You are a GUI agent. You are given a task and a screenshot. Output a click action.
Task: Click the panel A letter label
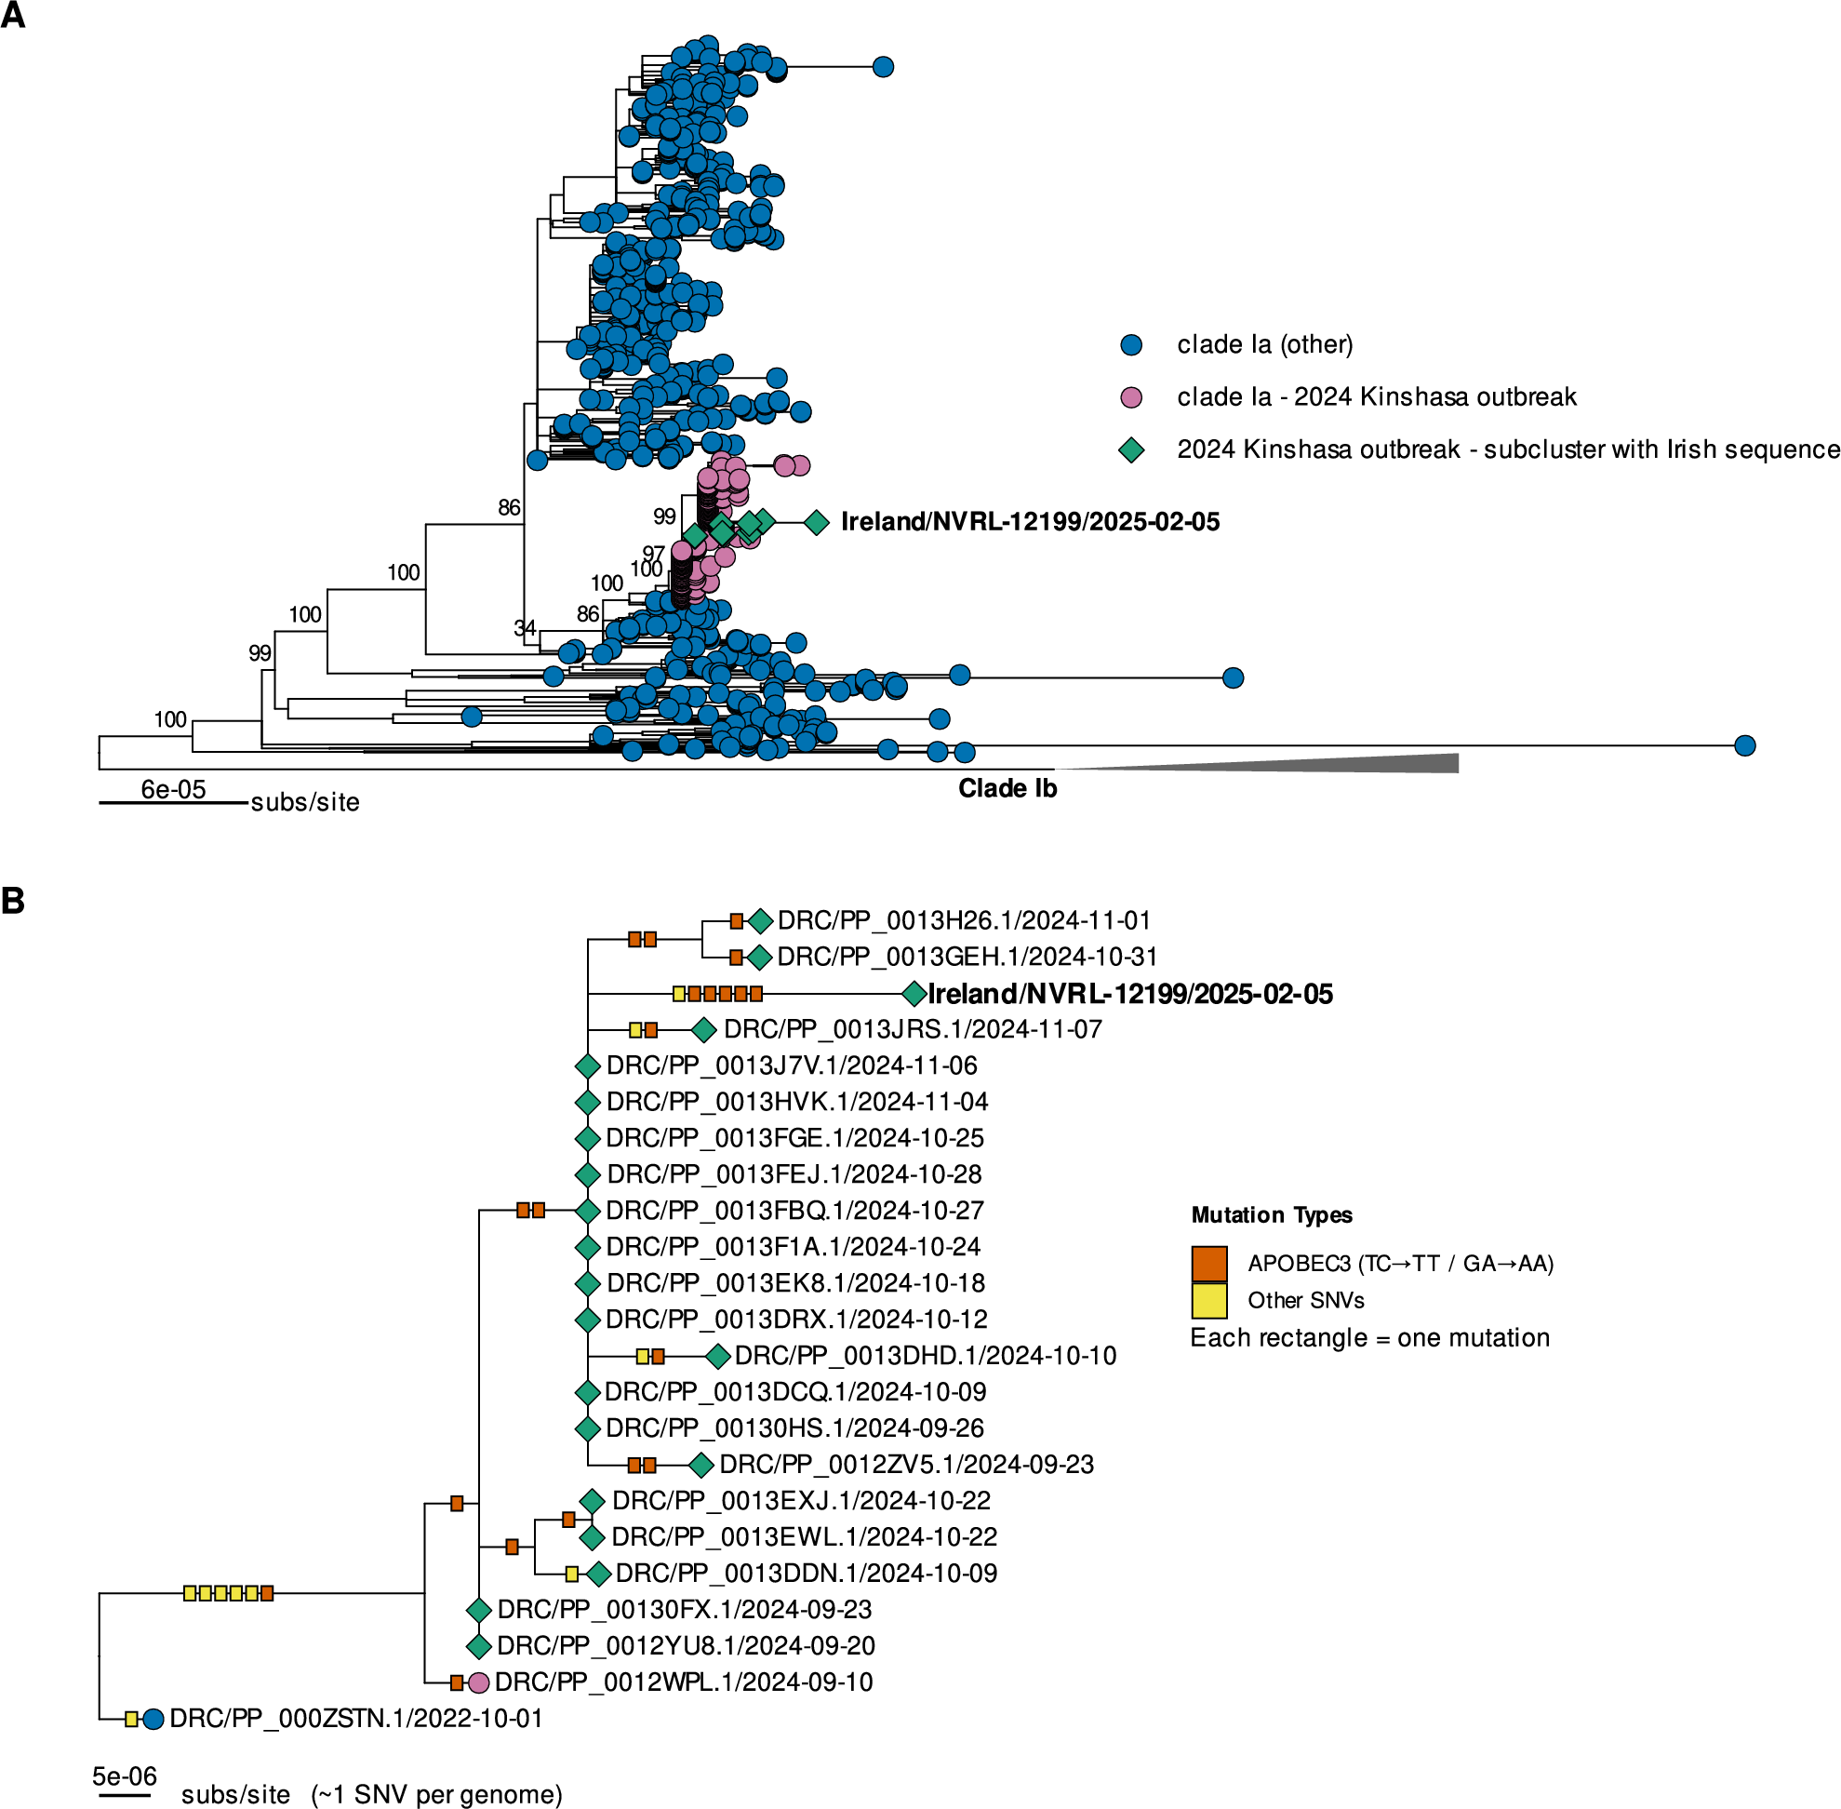pyautogui.click(x=12, y=15)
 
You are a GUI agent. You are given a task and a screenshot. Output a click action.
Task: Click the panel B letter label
pyautogui.click(x=12, y=901)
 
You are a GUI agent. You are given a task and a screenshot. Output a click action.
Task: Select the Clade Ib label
pyautogui.click(x=1007, y=788)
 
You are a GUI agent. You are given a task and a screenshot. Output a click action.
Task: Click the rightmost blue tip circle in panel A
pyautogui.click(x=1744, y=745)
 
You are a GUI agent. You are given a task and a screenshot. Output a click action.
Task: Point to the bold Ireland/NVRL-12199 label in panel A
pyautogui.click(x=1030, y=522)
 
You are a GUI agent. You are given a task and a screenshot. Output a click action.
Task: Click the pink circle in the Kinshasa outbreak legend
pyautogui.click(x=1130, y=397)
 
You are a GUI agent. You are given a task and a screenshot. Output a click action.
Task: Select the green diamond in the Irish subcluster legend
pyautogui.click(x=1130, y=449)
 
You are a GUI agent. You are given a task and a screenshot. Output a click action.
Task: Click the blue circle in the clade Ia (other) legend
pyautogui.click(x=1130, y=345)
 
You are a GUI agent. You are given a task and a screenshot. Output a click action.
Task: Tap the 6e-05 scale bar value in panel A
pyautogui.click(x=173, y=789)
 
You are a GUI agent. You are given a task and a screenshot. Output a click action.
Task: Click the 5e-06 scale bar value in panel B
pyautogui.click(x=125, y=1775)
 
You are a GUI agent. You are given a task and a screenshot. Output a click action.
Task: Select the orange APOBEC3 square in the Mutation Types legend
pyautogui.click(x=1209, y=1264)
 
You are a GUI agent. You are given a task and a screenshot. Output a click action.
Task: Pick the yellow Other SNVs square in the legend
pyautogui.click(x=1209, y=1300)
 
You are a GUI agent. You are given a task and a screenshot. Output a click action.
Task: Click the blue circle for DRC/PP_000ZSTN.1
pyautogui.click(x=153, y=1719)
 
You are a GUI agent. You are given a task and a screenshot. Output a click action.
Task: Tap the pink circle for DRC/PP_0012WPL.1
pyautogui.click(x=479, y=1682)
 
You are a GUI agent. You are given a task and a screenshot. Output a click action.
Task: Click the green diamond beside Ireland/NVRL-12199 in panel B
pyautogui.click(x=914, y=994)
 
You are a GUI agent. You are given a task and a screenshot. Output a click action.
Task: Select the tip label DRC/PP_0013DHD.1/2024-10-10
pyautogui.click(x=926, y=1356)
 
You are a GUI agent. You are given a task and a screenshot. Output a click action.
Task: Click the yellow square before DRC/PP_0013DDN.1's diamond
pyautogui.click(x=572, y=1574)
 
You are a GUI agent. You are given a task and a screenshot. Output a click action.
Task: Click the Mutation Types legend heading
pyautogui.click(x=1271, y=1215)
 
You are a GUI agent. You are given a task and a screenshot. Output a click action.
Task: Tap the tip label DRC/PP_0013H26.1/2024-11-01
pyautogui.click(x=963, y=920)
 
